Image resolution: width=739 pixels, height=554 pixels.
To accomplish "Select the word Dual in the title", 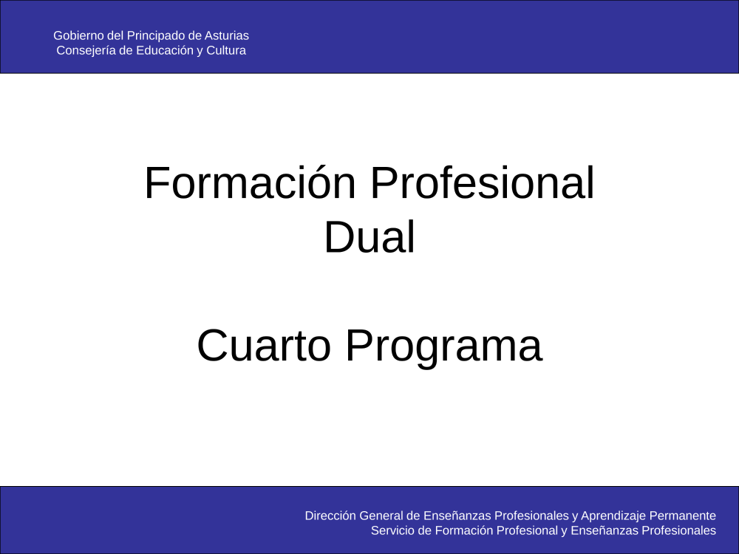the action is [x=369, y=237].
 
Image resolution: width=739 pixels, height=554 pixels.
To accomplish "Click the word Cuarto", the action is [x=264, y=346].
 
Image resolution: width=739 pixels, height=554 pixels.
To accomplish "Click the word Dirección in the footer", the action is [x=330, y=516].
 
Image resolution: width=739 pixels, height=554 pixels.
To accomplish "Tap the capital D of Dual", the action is [x=339, y=236].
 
